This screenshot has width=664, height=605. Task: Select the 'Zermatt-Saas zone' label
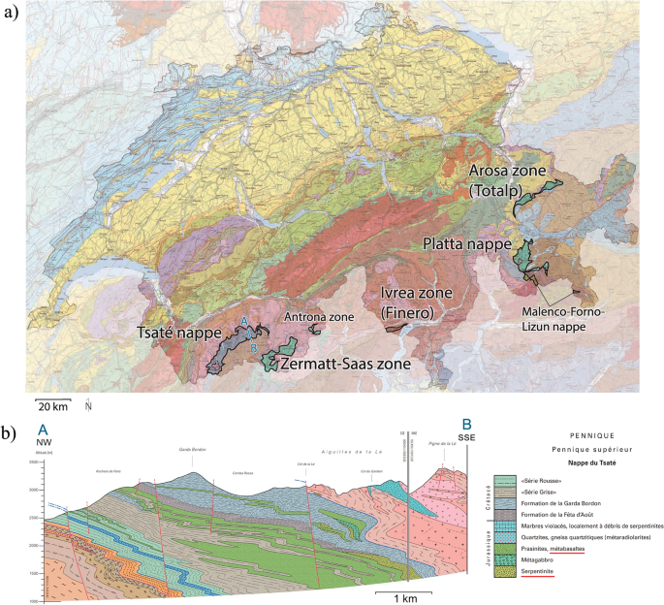point(347,364)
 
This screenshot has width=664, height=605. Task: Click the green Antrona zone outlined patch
point(314,330)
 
